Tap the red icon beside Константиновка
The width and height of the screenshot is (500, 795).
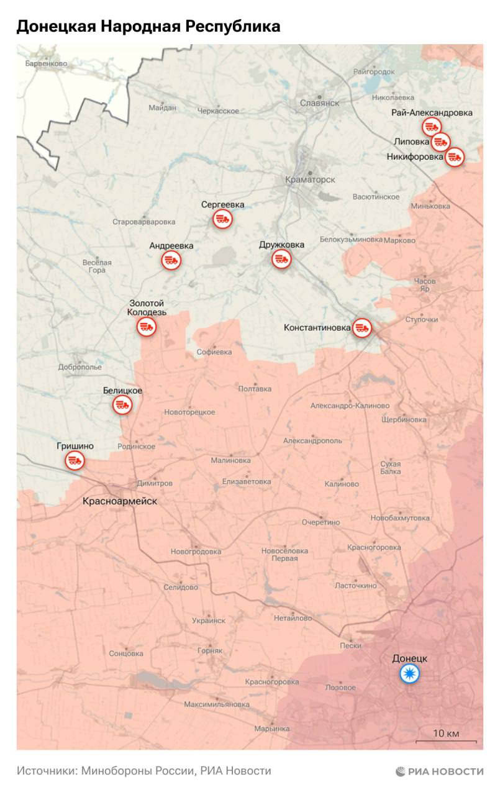361,327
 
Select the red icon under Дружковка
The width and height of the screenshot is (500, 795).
281,259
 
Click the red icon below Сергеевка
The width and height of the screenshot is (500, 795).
222,219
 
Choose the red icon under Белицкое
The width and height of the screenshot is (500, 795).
122,405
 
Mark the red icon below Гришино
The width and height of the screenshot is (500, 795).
75,461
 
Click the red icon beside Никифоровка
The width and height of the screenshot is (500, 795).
455,157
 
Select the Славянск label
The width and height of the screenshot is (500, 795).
319,103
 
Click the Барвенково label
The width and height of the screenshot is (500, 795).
46,63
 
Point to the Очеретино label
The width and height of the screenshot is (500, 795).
320,522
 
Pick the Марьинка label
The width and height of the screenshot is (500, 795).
272,728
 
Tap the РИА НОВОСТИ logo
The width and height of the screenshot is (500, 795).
440,771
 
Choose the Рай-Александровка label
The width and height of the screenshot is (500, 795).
432,112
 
